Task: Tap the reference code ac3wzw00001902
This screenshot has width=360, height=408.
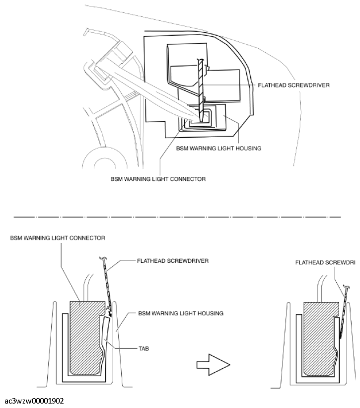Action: coord(34,401)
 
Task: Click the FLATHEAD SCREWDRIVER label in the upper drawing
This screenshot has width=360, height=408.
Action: coord(294,85)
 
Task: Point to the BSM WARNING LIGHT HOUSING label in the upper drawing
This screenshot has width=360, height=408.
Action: coord(218,148)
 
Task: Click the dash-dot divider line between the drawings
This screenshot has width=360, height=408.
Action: coord(179,217)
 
